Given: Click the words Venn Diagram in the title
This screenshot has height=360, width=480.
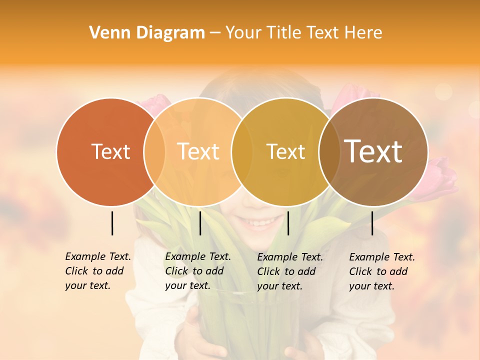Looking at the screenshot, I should [147, 33].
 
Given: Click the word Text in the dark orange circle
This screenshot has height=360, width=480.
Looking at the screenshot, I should [110, 151].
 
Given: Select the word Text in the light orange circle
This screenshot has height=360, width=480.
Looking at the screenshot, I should [198, 151].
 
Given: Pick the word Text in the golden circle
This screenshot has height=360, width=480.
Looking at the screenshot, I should [285, 151].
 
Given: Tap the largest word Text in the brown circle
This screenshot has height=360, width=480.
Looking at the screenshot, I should [373, 151].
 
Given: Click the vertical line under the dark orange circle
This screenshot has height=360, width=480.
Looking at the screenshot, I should [112, 223].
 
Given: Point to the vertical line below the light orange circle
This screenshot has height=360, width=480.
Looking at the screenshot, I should [200, 223].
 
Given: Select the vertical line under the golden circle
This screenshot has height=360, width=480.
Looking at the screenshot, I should [288, 223].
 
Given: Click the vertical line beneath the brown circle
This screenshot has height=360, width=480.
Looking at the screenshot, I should [372, 223].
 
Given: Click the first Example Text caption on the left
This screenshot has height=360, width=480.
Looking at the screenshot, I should [98, 271].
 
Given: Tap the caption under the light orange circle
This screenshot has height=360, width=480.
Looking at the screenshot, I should [198, 271].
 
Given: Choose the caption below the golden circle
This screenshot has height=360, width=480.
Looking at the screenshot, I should [290, 271].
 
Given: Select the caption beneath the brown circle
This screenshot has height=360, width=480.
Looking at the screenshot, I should [382, 271].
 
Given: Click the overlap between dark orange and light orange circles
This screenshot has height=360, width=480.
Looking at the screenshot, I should [154, 152].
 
